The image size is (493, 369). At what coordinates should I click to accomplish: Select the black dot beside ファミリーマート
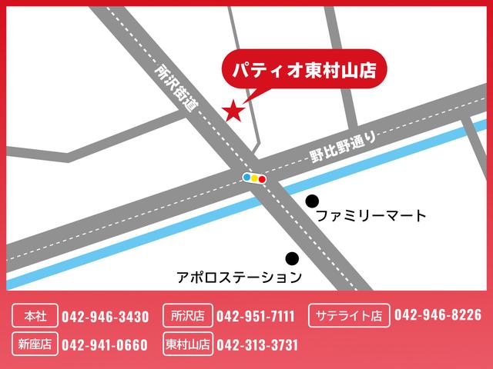click(x=312, y=201)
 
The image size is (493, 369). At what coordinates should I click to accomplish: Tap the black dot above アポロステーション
click(x=292, y=258)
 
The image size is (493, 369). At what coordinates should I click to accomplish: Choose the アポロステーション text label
click(x=239, y=274)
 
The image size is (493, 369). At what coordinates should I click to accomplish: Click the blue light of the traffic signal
click(x=247, y=178)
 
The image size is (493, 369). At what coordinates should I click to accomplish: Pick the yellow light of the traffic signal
click(x=255, y=178)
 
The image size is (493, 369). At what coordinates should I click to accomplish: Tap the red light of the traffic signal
click(x=263, y=179)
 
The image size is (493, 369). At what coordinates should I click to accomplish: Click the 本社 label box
click(x=35, y=316)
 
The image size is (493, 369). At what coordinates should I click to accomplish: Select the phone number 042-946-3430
click(x=105, y=316)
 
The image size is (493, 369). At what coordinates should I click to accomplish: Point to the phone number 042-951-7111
click(x=256, y=316)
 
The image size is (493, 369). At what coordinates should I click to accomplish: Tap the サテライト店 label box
click(x=348, y=316)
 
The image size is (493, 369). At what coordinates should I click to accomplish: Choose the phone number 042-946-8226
click(x=438, y=315)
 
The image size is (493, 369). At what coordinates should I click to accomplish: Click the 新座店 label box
click(x=35, y=344)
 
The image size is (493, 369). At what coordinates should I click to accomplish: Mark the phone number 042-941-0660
click(x=105, y=344)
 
